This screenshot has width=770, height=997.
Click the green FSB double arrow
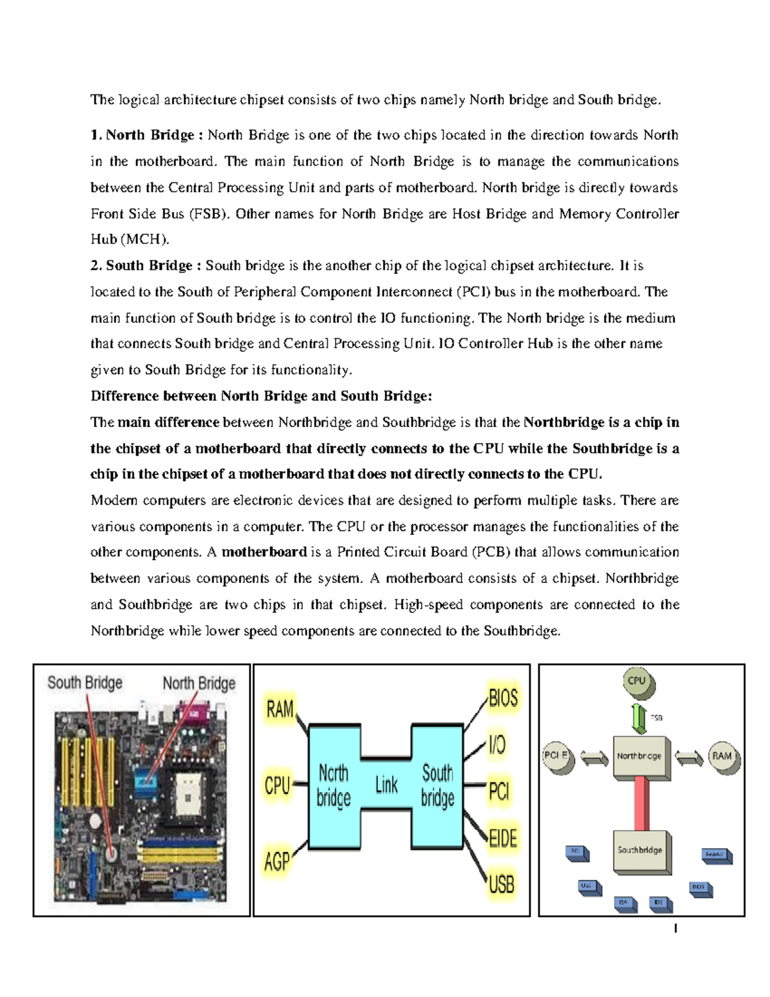pyautogui.click(x=638, y=718)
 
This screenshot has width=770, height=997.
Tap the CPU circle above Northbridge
pyautogui.click(x=637, y=682)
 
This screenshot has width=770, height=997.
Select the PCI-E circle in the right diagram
pyautogui.click(x=556, y=757)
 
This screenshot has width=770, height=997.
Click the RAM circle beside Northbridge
pyautogui.click(x=723, y=757)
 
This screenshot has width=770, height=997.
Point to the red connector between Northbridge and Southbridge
pyautogui.click(x=641, y=803)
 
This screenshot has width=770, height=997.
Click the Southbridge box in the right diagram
pyautogui.click(x=640, y=851)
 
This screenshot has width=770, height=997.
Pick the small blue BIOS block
pyautogui.click(x=699, y=888)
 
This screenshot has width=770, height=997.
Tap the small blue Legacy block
pyautogui.click(x=715, y=854)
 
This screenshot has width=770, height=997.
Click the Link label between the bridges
pyautogui.click(x=386, y=785)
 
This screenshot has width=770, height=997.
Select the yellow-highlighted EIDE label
pyautogui.click(x=502, y=838)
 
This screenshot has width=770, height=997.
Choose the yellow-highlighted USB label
pyautogui.click(x=501, y=885)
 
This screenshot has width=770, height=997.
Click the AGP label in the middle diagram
pyautogui.click(x=277, y=861)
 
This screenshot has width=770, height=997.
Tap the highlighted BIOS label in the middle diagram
pyautogui.click(x=503, y=698)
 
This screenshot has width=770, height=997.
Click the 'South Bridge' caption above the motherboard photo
pyautogui.click(x=85, y=682)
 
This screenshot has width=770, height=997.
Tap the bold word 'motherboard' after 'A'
pyautogui.click(x=264, y=552)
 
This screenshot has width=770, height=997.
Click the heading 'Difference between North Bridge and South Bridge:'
pyautogui.click(x=261, y=396)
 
